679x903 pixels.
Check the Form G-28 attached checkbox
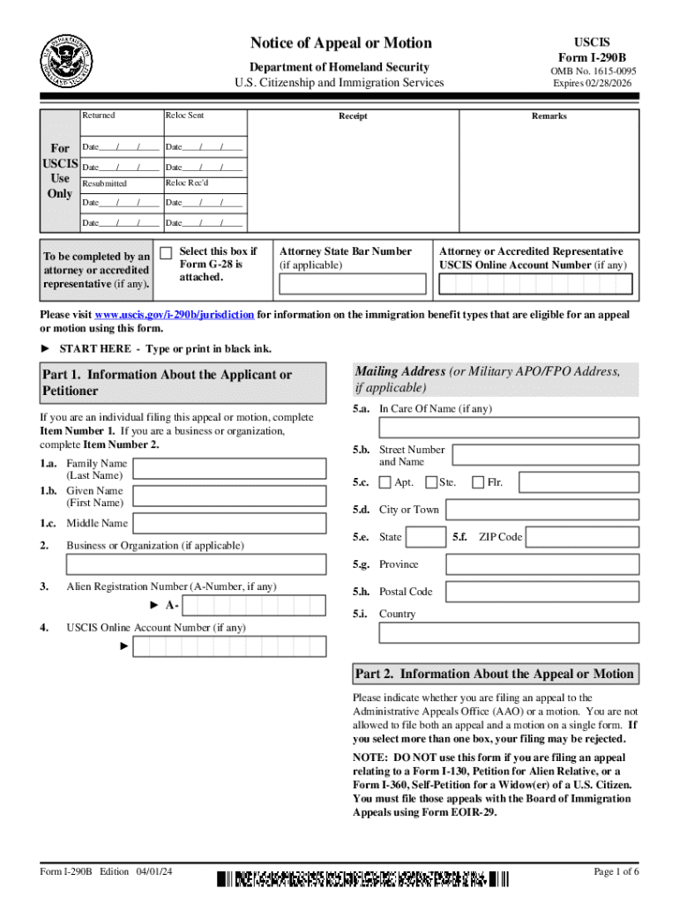[x=166, y=252]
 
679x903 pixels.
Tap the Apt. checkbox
[x=385, y=482]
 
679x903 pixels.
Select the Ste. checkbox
[x=431, y=482]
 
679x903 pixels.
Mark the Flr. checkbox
[x=478, y=482]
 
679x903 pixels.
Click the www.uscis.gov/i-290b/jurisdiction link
[x=175, y=315]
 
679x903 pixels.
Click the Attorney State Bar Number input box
[x=352, y=284]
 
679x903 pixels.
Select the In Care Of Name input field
[x=509, y=428]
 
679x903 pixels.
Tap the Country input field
[x=509, y=633]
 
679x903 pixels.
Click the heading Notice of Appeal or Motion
[x=340, y=43]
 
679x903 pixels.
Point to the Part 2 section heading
[x=494, y=675]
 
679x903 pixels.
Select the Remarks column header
[x=548, y=116]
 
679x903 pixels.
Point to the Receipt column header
[x=353, y=116]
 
